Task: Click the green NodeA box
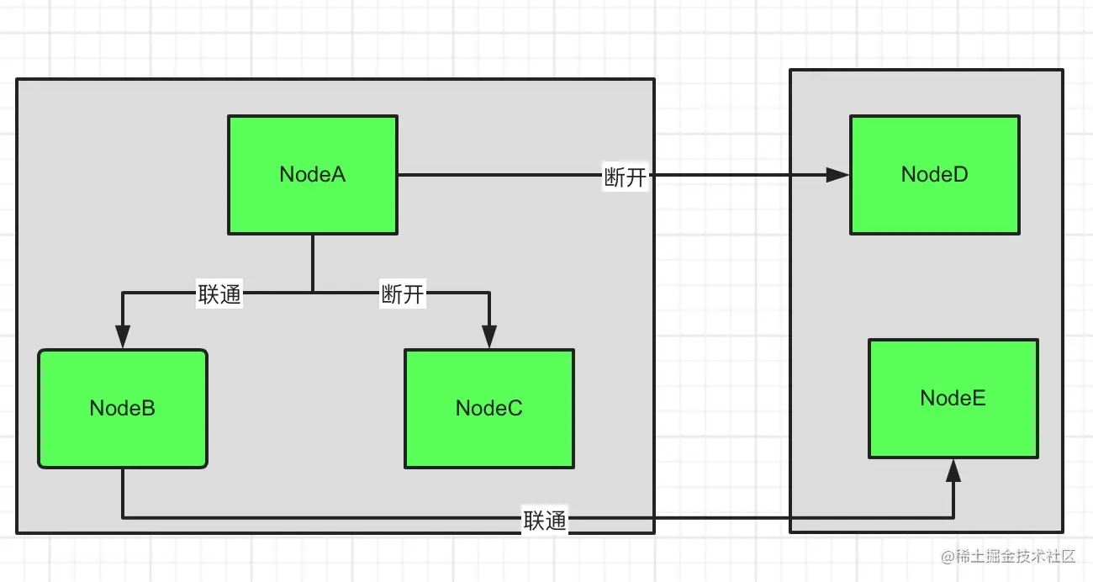coord(313,175)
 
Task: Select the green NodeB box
coord(123,409)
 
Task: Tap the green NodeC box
coord(489,409)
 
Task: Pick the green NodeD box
coord(934,175)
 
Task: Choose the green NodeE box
coord(953,399)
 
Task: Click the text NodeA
coord(313,174)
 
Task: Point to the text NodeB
coord(123,408)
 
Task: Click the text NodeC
coord(489,408)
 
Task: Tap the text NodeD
coord(934,174)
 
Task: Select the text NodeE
coord(953,398)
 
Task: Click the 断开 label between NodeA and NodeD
coord(625,177)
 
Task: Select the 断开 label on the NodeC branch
coord(403,294)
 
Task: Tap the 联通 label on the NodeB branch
coord(219,294)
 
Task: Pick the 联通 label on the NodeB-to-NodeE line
coord(545,520)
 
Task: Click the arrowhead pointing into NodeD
coord(837,175)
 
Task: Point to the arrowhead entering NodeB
coord(123,337)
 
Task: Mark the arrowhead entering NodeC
coord(489,337)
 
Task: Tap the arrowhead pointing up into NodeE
coord(953,471)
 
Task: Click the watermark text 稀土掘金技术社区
coord(1015,556)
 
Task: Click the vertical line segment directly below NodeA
coord(313,263)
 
